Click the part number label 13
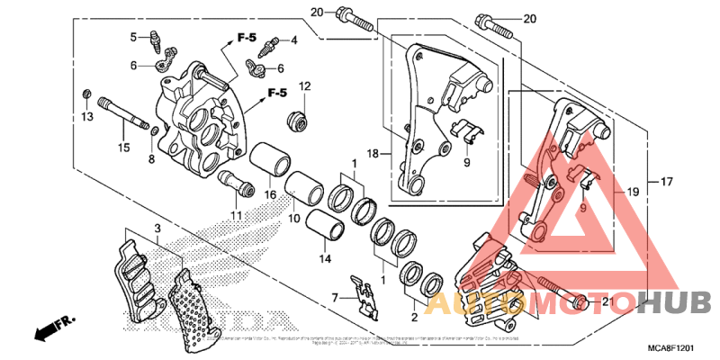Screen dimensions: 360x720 87,117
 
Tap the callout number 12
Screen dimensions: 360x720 304,86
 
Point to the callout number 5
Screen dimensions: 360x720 132,37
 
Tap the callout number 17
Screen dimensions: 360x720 666,183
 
